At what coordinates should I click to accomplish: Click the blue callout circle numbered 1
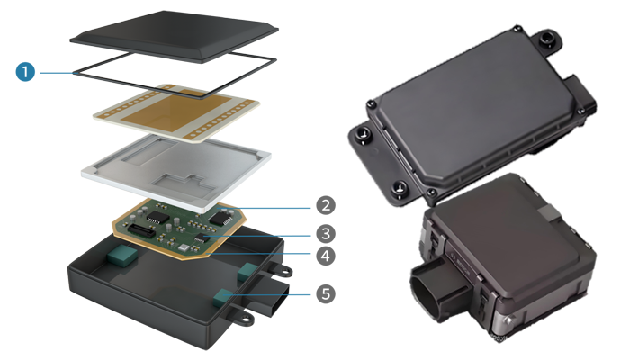pos(25,72)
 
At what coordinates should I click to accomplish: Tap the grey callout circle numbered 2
pos(326,205)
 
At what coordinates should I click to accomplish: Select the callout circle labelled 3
pos(326,234)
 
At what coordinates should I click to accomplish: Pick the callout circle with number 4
pos(326,256)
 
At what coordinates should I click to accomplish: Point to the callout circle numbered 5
pos(326,293)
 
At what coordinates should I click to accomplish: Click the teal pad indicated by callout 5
pos(221,297)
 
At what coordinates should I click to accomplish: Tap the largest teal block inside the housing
pos(122,255)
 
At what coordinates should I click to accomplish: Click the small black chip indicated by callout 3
pos(202,238)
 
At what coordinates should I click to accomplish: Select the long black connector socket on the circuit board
pos(140,230)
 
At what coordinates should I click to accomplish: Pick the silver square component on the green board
pos(184,247)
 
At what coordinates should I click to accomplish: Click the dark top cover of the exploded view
pos(174,35)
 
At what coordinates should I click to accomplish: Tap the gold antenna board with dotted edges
pos(176,112)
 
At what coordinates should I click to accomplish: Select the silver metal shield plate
pos(176,172)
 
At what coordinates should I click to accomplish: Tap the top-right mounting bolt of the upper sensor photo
pos(547,39)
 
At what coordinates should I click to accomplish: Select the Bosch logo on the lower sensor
pos(463,265)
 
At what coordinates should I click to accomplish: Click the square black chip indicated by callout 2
pos(221,218)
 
